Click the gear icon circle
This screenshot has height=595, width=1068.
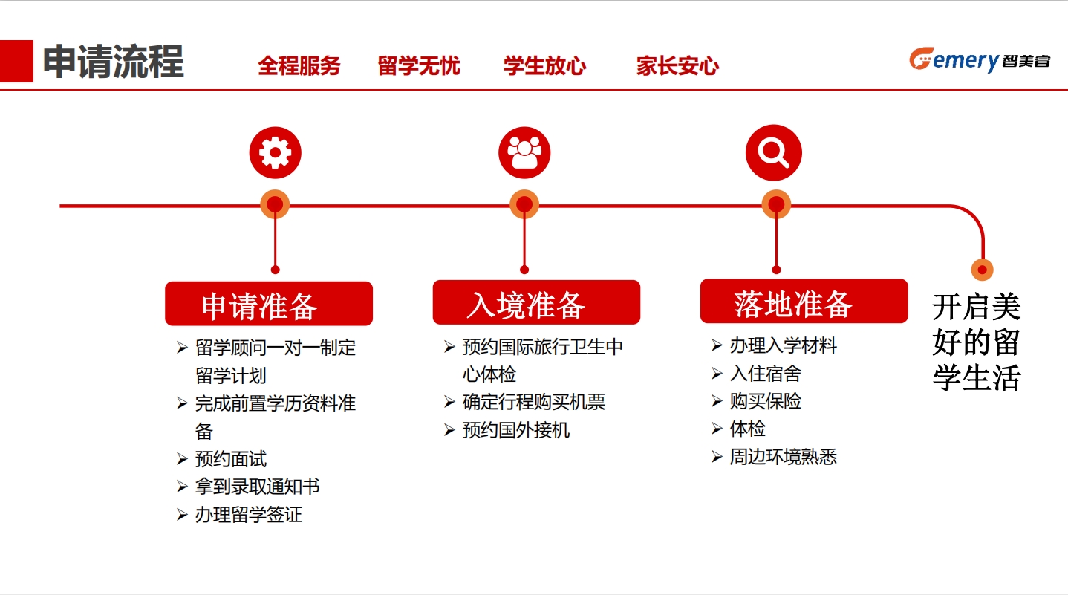tap(275, 152)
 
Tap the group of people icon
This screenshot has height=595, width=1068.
tap(524, 152)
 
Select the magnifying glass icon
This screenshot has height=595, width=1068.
tap(774, 152)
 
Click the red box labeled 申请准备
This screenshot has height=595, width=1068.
tap(269, 304)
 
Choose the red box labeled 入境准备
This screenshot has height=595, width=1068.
tap(536, 302)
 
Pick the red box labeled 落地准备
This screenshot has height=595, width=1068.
tap(804, 302)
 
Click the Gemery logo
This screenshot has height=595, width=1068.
tap(980, 60)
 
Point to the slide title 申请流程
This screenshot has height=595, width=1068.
tap(114, 61)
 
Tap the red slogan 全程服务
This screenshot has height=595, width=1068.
tap(299, 66)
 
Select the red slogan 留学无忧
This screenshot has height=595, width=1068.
tap(419, 66)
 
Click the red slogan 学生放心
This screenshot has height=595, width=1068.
tap(545, 66)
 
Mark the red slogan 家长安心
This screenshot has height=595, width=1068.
tap(677, 66)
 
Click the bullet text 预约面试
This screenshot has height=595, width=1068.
tap(231, 459)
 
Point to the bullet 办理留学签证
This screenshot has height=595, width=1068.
tap(248, 515)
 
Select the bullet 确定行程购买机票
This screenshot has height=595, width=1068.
tap(533, 402)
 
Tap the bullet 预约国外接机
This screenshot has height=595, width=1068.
tap(516, 430)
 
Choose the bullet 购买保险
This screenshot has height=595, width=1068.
tap(765, 401)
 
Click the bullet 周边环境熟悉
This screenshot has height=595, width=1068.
tap(783, 457)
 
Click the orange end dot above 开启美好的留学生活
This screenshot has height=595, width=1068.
tap(982, 270)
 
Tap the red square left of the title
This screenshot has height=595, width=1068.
tap(16, 61)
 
